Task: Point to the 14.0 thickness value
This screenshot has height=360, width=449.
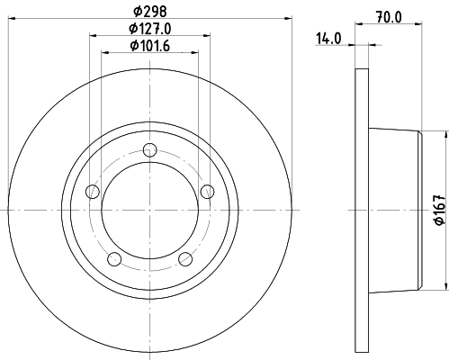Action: (328, 38)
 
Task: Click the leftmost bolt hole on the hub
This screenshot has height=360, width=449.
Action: (92, 191)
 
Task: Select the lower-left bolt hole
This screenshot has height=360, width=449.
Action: (113, 259)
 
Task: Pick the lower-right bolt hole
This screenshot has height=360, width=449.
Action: (185, 259)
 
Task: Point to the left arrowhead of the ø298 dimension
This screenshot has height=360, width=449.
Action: (10, 18)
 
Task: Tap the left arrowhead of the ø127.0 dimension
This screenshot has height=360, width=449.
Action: (94, 35)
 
